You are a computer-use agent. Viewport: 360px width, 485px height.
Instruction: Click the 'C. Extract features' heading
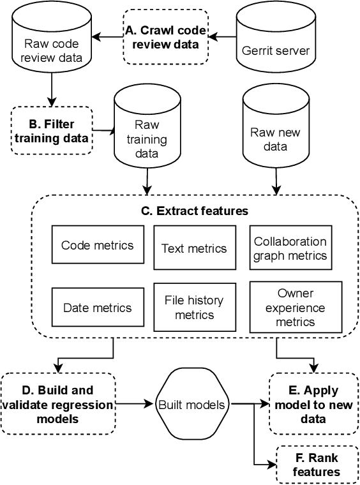pyautogui.click(x=195, y=211)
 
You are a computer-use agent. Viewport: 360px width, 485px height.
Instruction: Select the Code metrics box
pyautogui.click(x=97, y=245)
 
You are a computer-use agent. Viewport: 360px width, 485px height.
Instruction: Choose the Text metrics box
pyautogui.click(x=195, y=248)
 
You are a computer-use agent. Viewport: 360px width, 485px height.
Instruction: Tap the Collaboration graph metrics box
pyautogui.click(x=290, y=248)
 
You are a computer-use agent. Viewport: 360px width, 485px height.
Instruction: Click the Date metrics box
pyautogui.click(x=97, y=308)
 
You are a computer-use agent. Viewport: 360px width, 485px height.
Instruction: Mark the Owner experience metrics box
pyautogui.click(x=290, y=307)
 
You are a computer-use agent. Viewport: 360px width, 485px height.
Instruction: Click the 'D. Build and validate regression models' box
pyautogui.click(x=58, y=403)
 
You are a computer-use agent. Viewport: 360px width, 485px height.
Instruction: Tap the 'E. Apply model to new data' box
pyautogui.click(x=312, y=404)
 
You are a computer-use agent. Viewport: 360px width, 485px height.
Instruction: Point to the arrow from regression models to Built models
pyautogui.click(x=135, y=404)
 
